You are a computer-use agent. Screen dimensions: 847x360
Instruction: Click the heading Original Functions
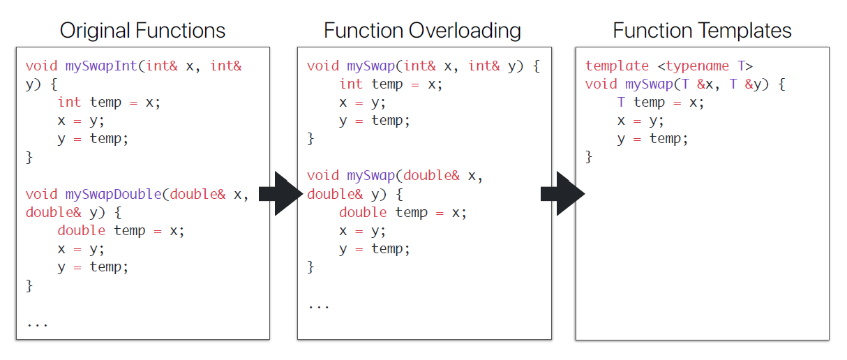point(142,31)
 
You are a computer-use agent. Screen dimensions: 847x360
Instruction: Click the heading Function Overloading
point(422,31)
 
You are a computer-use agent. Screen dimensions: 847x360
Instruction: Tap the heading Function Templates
point(702,31)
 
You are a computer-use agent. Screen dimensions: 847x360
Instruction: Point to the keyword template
point(617,66)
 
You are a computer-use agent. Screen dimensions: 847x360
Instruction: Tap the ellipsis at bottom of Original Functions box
point(37,322)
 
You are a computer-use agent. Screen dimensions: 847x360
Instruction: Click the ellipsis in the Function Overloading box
point(318,304)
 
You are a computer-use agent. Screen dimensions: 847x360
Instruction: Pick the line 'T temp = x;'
point(661,103)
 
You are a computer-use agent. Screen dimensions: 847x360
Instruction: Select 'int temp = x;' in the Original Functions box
point(109,103)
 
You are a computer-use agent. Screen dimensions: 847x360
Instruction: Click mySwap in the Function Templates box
point(648,84)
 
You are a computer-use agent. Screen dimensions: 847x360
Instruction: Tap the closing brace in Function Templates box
point(589,157)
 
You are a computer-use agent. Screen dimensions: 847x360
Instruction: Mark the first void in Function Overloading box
point(323,66)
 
